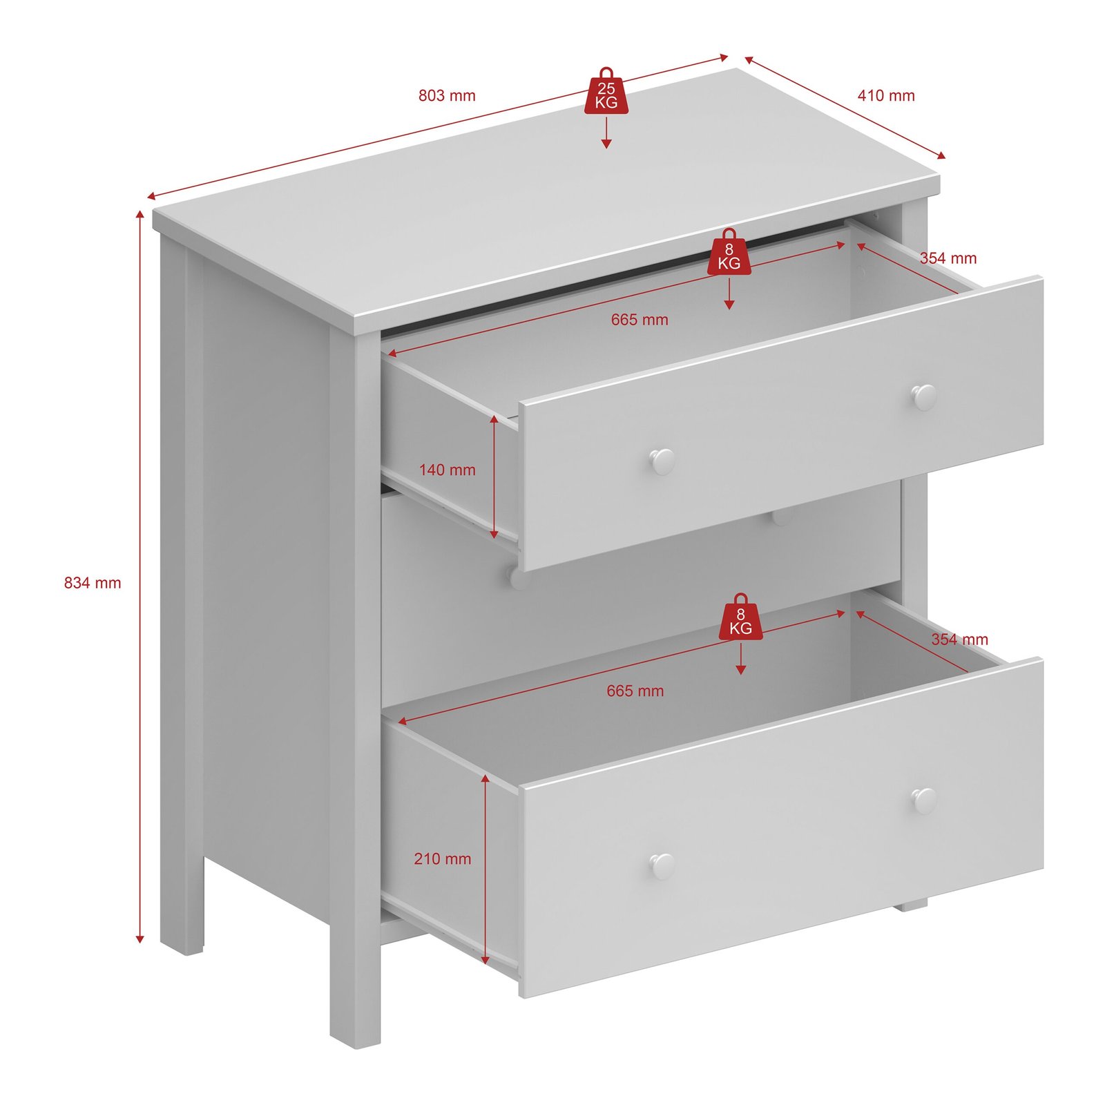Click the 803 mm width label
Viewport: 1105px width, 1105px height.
[447, 95]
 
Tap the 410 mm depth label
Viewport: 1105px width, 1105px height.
[886, 95]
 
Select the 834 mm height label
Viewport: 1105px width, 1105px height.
[93, 583]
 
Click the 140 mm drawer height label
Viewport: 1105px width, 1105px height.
[447, 470]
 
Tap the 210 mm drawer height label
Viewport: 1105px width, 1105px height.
[442, 859]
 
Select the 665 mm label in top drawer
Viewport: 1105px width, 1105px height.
[640, 320]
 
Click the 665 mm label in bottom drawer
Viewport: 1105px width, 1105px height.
[635, 691]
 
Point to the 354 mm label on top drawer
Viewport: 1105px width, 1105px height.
[948, 258]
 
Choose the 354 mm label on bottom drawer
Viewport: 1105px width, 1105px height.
[959, 640]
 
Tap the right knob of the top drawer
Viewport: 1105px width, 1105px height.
[924, 396]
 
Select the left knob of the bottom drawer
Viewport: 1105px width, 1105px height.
[662, 865]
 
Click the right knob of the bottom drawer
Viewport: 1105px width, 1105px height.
[924, 800]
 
